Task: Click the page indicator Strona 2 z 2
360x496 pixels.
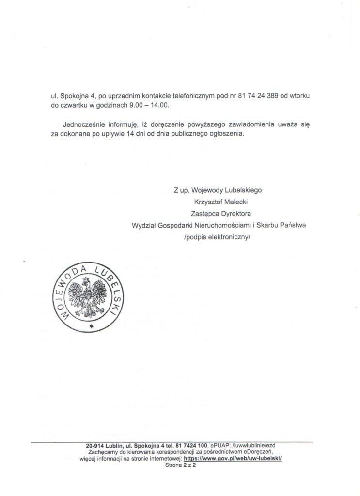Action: coord(179,464)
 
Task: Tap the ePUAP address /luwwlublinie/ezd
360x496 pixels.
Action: coord(253,445)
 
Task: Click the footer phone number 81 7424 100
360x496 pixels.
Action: coord(191,445)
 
